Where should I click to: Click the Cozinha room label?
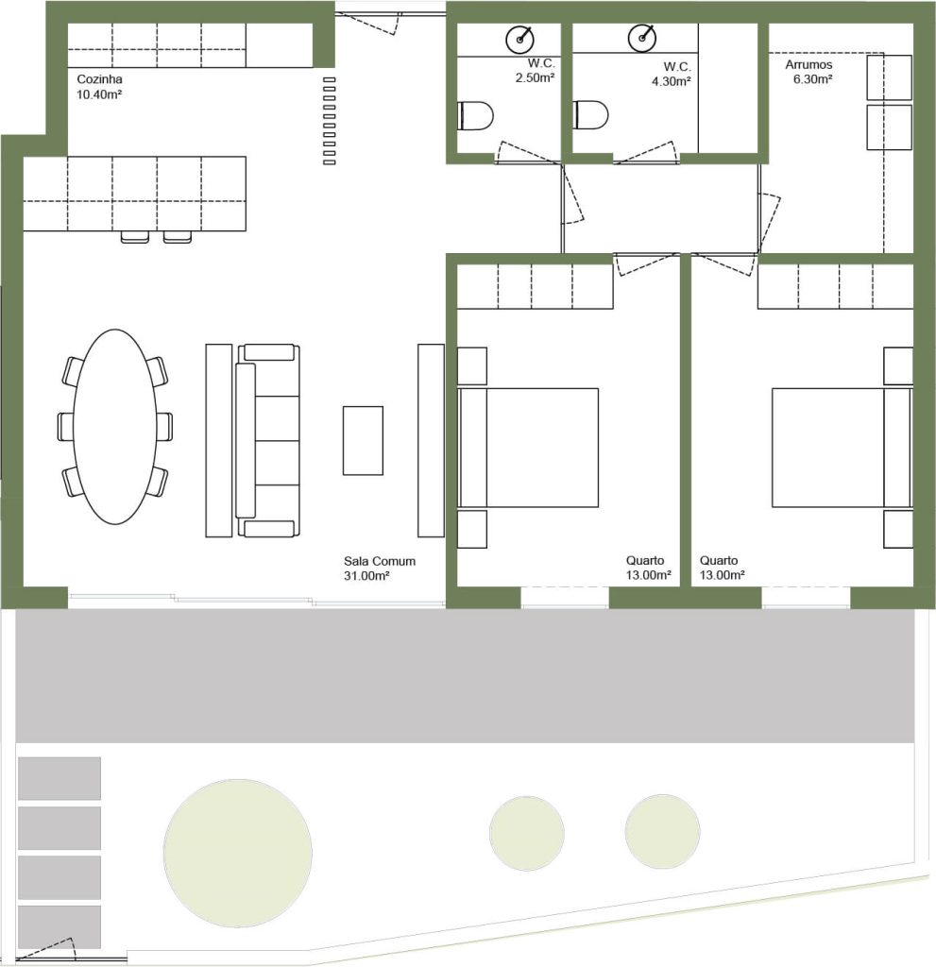(x=99, y=79)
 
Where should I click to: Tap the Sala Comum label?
(x=380, y=561)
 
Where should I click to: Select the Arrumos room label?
(x=808, y=65)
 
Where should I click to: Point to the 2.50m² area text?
(x=535, y=77)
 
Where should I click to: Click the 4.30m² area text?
(x=672, y=81)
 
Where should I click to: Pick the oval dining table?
(x=115, y=427)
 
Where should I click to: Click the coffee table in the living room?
(x=363, y=440)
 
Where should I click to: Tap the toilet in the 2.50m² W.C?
(x=476, y=116)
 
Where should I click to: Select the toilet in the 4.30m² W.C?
(x=591, y=114)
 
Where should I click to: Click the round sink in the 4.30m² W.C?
(x=642, y=38)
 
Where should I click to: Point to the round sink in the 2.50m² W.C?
(x=520, y=39)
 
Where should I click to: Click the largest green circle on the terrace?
(x=238, y=853)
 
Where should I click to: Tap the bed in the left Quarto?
(x=528, y=448)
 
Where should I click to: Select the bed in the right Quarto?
(x=842, y=448)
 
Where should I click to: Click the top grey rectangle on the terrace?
(x=60, y=778)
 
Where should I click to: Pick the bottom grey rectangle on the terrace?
(x=60, y=927)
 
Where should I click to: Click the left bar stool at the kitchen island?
(x=135, y=237)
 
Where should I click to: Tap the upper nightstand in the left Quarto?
(x=472, y=366)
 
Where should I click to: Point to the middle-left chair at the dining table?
(x=66, y=427)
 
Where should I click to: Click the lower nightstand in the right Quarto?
(x=898, y=529)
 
